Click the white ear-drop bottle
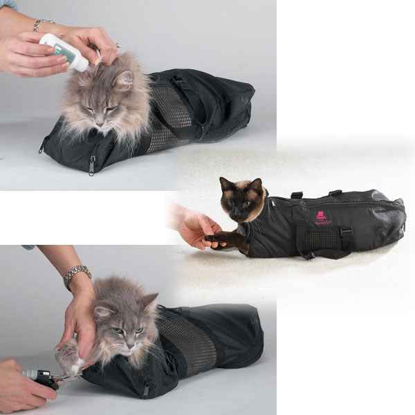tap(64, 51)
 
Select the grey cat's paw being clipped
tap(70, 359)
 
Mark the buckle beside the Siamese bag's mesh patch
tap(345, 232)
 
